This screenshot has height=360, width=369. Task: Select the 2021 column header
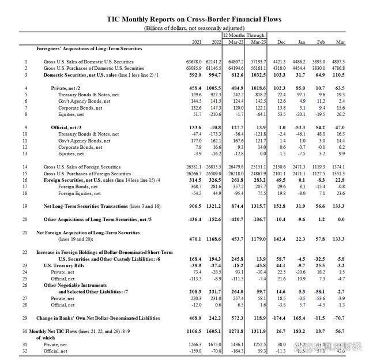197,42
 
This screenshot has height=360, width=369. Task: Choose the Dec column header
281,42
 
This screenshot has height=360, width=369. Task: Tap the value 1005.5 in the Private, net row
213,88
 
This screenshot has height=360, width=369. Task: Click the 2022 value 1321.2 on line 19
213,206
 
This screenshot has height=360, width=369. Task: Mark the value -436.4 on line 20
194,220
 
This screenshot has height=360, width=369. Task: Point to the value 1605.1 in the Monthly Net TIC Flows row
213,331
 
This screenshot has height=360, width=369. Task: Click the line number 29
25,318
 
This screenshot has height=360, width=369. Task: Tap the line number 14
25,167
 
